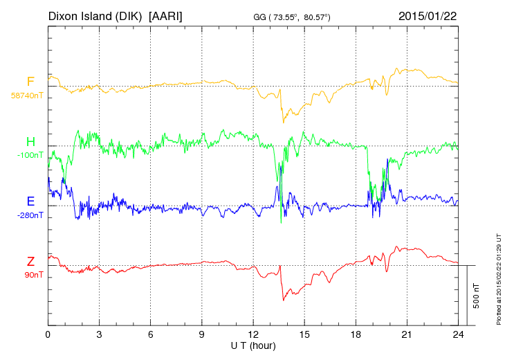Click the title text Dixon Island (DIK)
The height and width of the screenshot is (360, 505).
[x=96, y=15]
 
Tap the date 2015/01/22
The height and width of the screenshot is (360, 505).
[x=428, y=15]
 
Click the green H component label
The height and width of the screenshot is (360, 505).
[x=30, y=143]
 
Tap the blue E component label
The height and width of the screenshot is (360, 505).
[x=30, y=202]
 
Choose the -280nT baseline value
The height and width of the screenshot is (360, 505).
[x=30, y=215]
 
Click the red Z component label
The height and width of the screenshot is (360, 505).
[x=30, y=262]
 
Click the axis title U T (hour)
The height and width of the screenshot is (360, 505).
[x=253, y=345]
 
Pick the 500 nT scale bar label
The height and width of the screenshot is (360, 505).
[x=477, y=295]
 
